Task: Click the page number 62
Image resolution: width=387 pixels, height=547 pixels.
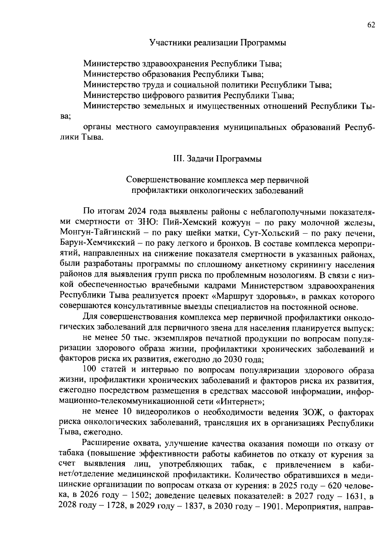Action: click(x=371, y=25)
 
